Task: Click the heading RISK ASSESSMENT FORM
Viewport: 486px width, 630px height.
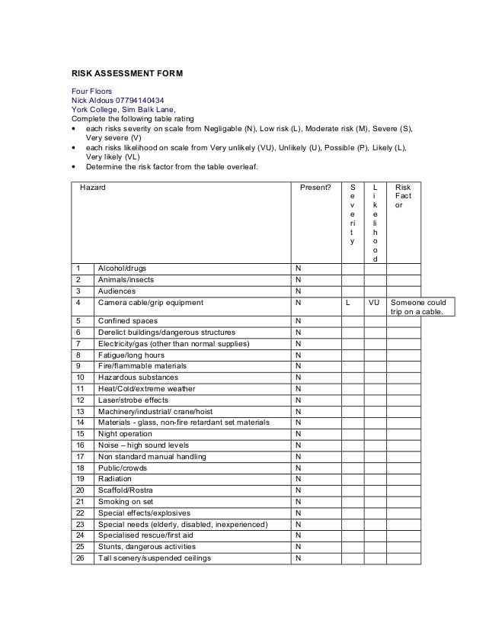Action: [126, 74]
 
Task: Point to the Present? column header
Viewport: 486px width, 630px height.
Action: [315, 187]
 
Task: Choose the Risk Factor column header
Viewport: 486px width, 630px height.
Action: [404, 196]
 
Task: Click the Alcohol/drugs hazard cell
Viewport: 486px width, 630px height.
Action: [122, 268]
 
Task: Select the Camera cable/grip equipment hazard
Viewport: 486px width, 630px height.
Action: [150, 303]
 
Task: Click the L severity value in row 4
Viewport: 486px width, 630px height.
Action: [347, 303]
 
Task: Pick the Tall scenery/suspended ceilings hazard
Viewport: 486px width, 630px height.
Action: [154, 558]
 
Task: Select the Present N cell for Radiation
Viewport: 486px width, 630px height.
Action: [297, 479]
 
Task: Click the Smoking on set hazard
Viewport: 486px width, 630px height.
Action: [125, 502]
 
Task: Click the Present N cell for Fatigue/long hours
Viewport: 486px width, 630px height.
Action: [297, 355]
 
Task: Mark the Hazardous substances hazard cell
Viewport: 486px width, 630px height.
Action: [137, 378]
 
